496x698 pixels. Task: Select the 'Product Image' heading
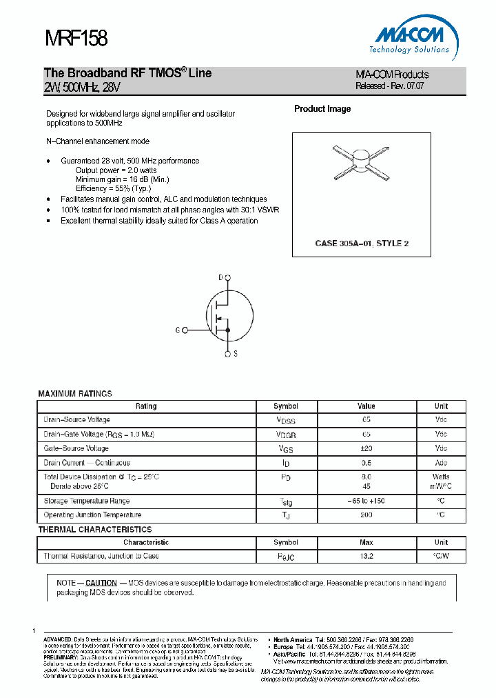(322, 109)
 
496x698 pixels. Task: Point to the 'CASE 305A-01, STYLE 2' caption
(362, 243)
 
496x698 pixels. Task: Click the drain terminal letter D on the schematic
(221, 277)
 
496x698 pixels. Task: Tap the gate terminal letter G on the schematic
(178, 330)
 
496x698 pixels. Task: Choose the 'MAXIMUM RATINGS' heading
(74, 394)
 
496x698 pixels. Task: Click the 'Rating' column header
(146, 406)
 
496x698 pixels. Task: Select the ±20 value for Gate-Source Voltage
(366, 448)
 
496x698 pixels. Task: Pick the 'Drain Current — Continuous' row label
(87, 463)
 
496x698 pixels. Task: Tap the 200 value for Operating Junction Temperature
(366, 515)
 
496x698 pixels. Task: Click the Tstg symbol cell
(286, 502)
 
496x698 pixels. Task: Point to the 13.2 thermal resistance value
(366, 556)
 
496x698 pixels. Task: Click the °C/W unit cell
(441, 556)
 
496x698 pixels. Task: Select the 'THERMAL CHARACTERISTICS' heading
(94, 530)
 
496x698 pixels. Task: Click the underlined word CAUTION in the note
(101, 583)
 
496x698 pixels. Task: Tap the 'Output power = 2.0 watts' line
(116, 170)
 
